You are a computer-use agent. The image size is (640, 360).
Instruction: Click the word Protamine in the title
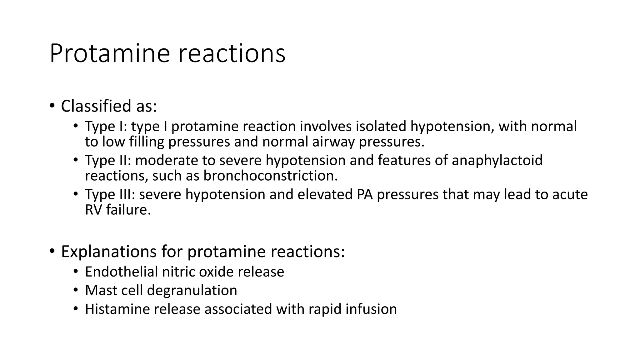click(110, 54)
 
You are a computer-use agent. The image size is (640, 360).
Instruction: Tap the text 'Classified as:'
click(109, 106)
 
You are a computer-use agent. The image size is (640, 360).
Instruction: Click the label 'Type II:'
click(108, 161)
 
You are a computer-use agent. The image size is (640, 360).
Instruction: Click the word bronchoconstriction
click(271, 176)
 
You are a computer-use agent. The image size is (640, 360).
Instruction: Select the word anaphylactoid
click(497, 161)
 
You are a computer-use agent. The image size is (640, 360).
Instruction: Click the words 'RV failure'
click(117, 210)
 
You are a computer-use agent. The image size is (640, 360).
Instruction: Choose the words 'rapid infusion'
click(352, 309)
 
